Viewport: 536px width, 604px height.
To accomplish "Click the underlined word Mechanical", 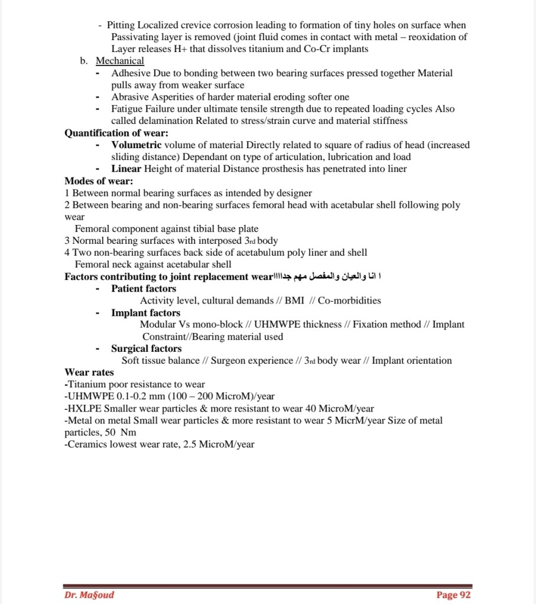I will click(x=120, y=61).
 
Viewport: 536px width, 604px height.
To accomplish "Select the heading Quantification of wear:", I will click(x=116, y=133).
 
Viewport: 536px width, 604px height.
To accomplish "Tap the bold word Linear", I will click(x=126, y=169).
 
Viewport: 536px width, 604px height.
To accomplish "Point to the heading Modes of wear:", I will click(x=99, y=181).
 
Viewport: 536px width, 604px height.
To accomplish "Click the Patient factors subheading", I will click(x=144, y=289).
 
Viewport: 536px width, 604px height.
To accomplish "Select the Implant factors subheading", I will click(x=145, y=313).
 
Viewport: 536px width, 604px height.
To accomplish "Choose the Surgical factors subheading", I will click(x=146, y=348).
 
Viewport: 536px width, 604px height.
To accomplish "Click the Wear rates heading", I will click(x=89, y=373).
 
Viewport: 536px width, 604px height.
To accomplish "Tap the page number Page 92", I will click(x=453, y=595).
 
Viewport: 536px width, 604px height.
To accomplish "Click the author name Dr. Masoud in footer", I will click(x=89, y=595).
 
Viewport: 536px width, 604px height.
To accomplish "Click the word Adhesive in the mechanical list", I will click(x=130, y=73).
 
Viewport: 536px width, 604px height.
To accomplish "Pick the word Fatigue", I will click(x=127, y=109).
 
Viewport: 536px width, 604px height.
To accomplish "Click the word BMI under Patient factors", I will click(x=294, y=301).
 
